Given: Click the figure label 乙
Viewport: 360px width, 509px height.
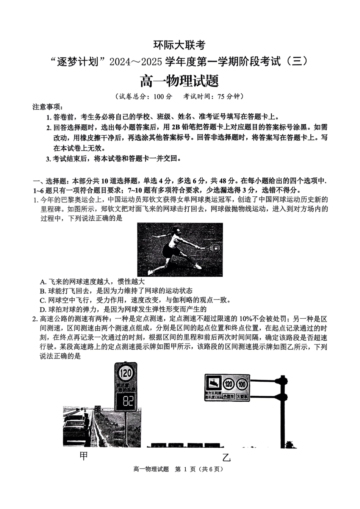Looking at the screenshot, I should coord(226,457).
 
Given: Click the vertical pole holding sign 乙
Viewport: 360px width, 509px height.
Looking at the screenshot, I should coord(282,413).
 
